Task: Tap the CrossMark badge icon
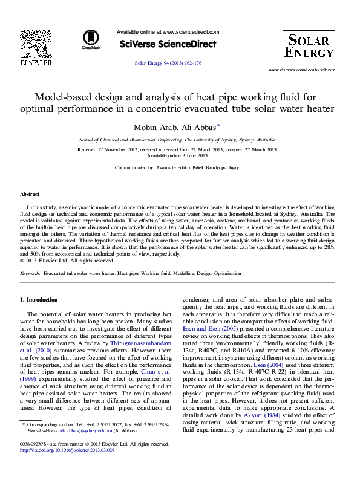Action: (91, 39)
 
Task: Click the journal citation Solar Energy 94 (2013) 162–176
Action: (168, 63)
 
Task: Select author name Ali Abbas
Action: (200, 126)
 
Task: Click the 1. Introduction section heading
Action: (39, 300)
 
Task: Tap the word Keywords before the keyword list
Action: (30, 274)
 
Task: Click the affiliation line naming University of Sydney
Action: (177, 139)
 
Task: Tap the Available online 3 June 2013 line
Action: (177, 155)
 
